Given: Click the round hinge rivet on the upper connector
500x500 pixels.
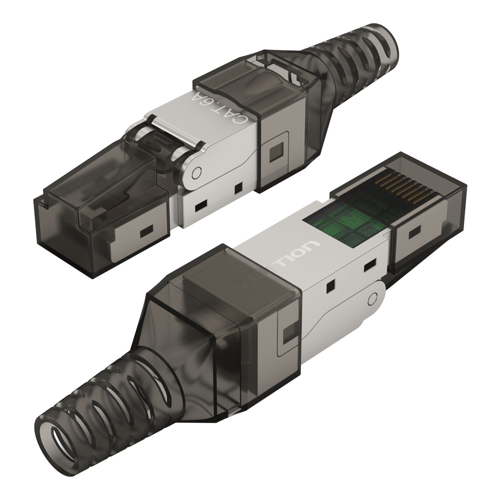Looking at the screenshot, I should (196, 173).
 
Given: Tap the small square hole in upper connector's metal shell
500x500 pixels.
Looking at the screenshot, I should (238, 188).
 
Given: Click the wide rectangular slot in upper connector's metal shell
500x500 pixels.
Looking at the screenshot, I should (201, 205).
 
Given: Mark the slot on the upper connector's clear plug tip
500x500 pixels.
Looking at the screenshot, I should (146, 231).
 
